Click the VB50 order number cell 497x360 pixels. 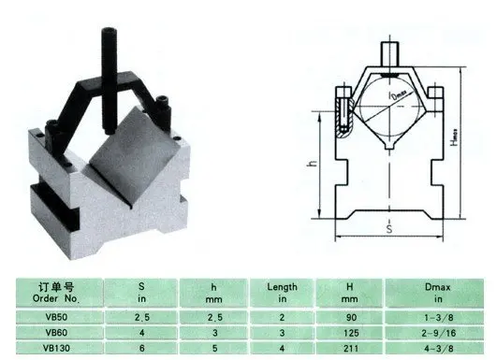coord(56,317)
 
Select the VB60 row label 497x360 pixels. coord(56,333)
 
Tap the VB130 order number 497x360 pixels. coord(56,348)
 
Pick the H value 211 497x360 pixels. coord(351,348)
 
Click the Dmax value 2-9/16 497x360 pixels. coord(439,333)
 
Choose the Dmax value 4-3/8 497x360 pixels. coord(439,348)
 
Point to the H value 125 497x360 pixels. coord(351,333)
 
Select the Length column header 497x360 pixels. coord(282,293)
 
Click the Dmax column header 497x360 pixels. coord(438,293)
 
